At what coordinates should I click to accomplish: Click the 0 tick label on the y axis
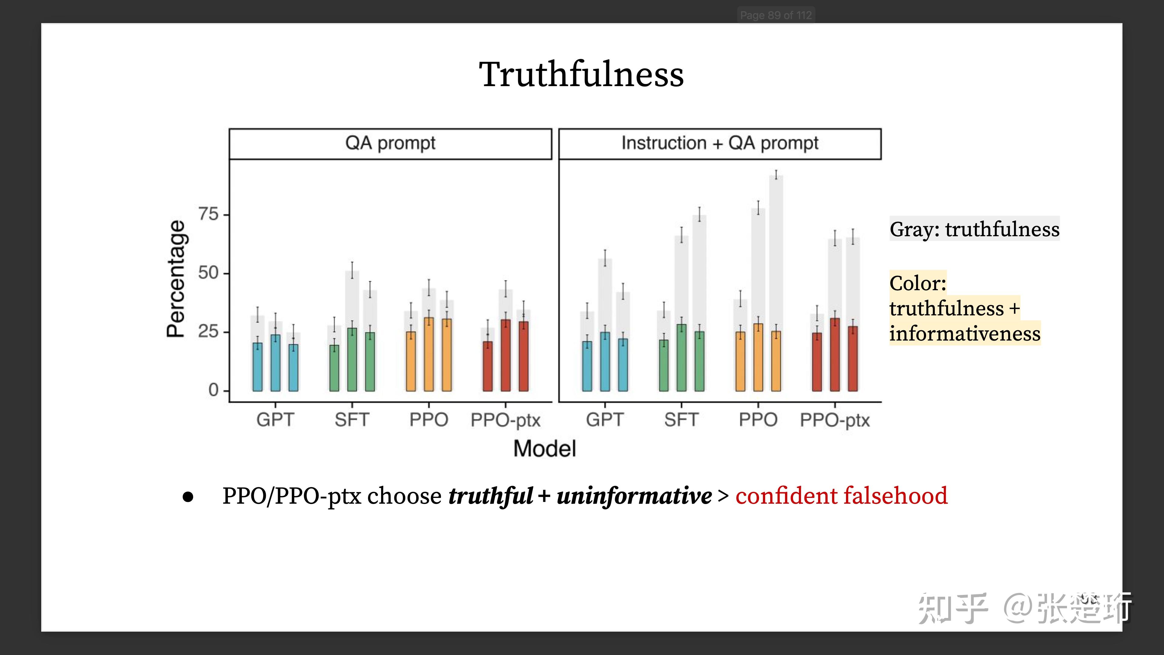[213, 390]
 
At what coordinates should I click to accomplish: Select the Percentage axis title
[176, 279]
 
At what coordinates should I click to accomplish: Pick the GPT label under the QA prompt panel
[275, 420]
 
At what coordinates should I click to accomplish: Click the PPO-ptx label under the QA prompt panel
[505, 420]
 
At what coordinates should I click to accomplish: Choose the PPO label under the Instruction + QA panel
[758, 420]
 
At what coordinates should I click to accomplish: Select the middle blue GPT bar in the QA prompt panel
[275, 363]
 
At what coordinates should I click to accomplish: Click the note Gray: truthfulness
[974, 229]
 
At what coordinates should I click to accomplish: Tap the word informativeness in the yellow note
[965, 334]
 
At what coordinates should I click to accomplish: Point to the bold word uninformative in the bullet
[634, 496]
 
